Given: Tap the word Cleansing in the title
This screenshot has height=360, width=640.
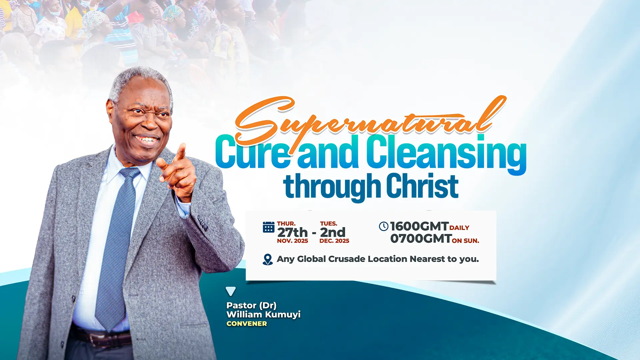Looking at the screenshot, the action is pyautogui.click(x=447, y=154).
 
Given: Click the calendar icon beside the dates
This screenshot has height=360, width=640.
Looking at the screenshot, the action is pyautogui.click(x=269, y=227).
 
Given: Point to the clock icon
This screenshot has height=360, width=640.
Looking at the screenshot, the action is pyautogui.click(x=384, y=226).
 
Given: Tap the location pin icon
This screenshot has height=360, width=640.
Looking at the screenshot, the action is pyautogui.click(x=268, y=259).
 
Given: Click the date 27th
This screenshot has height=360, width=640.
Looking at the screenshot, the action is pyautogui.click(x=292, y=232).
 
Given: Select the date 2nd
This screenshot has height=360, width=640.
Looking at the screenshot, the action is pyautogui.click(x=333, y=232).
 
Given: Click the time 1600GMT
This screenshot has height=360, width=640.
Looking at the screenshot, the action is pyautogui.click(x=419, y=226).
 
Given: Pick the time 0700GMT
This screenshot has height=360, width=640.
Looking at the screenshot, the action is pyautogui.click(x=421, y=239).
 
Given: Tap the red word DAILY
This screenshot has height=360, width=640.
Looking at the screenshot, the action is pyautogui.click(x=459, y=228).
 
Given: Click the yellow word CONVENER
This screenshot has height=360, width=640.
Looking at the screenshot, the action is pyautogui.click(x=247, y=324).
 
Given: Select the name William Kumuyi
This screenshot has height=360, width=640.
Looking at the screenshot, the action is pyautogui.click(x=263, y=314).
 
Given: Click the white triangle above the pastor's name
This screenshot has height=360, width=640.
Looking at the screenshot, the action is pyautogui.click(x=231, y=291).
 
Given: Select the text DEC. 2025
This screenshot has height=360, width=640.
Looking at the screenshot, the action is pyautogui.click(x=334, y=241).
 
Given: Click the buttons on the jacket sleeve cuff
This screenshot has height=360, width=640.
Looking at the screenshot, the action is pyautogui.click(x=203, y=223).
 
